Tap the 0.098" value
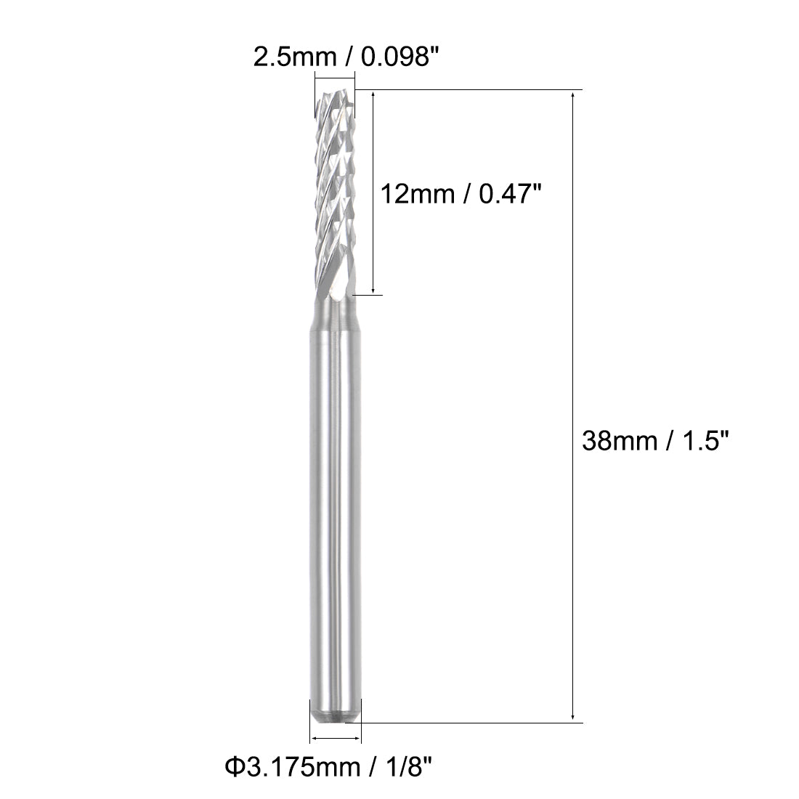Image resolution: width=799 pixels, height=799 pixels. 392,57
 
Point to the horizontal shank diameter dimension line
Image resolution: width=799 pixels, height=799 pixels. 335,739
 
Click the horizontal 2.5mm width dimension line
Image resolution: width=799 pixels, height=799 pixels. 335,76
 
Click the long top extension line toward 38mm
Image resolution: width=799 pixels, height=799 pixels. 472,90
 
